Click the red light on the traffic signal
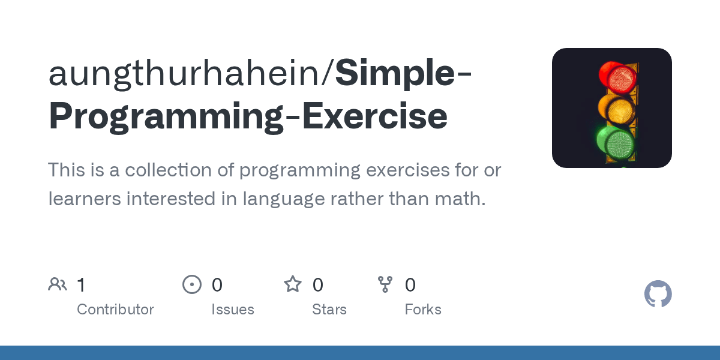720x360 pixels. coord(618,77)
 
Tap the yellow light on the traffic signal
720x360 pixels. coord(618,110)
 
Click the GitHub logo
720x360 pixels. coord(658,294)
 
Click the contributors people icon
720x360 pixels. coord(58,284)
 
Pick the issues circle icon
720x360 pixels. coord(192,284)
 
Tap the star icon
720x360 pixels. coord(293,284)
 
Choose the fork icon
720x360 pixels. coord(385,284)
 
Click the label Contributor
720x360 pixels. coord(115,310)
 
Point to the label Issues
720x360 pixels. coord(233,310)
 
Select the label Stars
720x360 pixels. coord(329,310)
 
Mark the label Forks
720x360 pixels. coord(423,310)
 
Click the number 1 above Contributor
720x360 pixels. coord(81,285)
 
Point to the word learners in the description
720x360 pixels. coord(84,199)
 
